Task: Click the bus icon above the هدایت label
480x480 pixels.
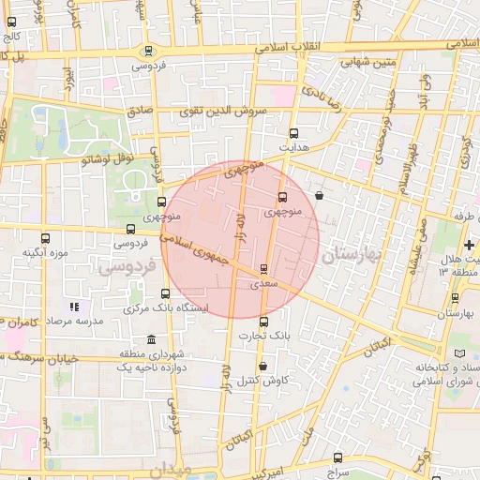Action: (x=294, y=134)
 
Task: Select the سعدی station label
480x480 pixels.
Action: (x=264, y=281)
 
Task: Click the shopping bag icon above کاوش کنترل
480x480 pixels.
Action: (x=262, y=366)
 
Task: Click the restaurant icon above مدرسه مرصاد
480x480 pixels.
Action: (x=74, y=307)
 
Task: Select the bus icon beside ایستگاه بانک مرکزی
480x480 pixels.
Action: (x=165, y=293)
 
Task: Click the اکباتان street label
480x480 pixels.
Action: (x=374, y=346)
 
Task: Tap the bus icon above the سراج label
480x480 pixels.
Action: (x=338, y=457)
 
